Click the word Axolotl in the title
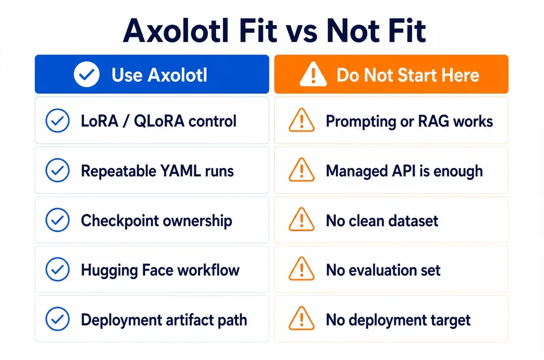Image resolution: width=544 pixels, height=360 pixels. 176,31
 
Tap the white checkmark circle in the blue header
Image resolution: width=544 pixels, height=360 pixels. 87,74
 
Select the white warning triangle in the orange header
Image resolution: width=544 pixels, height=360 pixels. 313,74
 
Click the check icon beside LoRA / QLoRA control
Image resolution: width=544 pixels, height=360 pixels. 58,121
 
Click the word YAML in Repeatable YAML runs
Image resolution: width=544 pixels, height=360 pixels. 180,171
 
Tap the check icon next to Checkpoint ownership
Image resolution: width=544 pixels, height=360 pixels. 58,220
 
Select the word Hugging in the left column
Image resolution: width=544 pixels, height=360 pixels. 109,271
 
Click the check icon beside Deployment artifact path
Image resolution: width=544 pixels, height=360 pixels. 58,319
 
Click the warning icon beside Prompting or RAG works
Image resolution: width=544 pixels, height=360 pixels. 302,120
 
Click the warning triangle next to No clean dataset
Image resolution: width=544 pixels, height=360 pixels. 302,219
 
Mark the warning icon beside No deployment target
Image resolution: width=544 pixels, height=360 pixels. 302,319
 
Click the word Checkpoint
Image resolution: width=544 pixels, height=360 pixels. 120,221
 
